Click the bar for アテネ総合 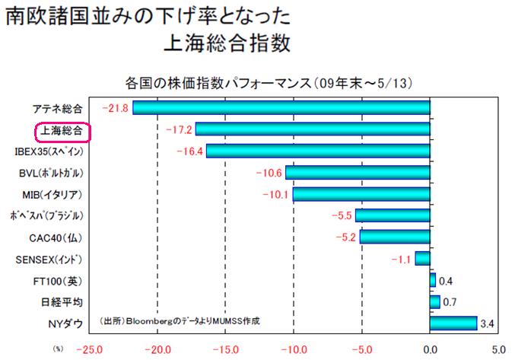coord(281,108)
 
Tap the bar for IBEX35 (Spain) coord(317,151)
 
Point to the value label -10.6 coord(269,173)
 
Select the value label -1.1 coord(399,259)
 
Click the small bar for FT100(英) coord(433,280)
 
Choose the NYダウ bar coord(453,323)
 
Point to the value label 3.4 coord(488,324)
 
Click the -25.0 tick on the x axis coord(90,350)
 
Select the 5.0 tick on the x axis coord(498,350)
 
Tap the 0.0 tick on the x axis coord(431,350)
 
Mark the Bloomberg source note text coord(180,321)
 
